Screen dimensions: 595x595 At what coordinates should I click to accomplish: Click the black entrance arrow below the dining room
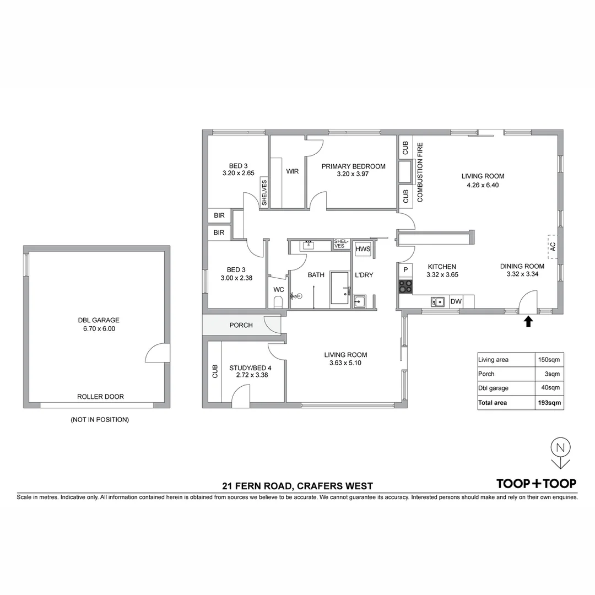click(x=528, y=321)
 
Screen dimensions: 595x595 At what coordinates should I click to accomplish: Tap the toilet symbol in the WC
click(x=278, y=301)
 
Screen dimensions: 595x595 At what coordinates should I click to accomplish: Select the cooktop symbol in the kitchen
click(x=406, y=286)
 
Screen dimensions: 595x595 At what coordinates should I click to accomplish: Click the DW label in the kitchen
click(x=456, y=301)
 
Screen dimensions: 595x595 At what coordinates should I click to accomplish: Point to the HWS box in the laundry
click(x=363, y=250)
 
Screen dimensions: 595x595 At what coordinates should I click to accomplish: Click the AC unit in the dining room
click(x=553, y=247)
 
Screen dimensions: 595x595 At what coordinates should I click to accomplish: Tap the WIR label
click(x=292, y=171)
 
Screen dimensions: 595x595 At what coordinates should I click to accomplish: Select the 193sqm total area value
click(x=550, y=403)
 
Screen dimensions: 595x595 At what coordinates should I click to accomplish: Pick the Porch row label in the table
click(x=486, y=374)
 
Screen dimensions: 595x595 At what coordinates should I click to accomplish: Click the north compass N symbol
click(x=560, y=447)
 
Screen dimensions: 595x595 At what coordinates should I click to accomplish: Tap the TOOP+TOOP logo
click(x=536, y=484)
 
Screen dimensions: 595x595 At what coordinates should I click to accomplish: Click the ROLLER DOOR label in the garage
click(x=100, y=396)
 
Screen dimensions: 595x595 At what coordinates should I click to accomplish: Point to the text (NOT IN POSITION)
click(x=100, y=420)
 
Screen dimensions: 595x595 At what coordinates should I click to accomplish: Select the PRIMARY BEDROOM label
click(x=353, y=166)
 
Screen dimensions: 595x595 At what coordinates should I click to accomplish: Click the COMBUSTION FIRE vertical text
click(x=420, y=172)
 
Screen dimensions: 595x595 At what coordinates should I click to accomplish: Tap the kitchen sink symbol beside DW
click(x=439, y=301)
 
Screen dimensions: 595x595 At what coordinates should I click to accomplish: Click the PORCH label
click(x=241, y=325)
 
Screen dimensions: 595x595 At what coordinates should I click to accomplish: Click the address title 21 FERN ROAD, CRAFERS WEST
click(x=297, y=486)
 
